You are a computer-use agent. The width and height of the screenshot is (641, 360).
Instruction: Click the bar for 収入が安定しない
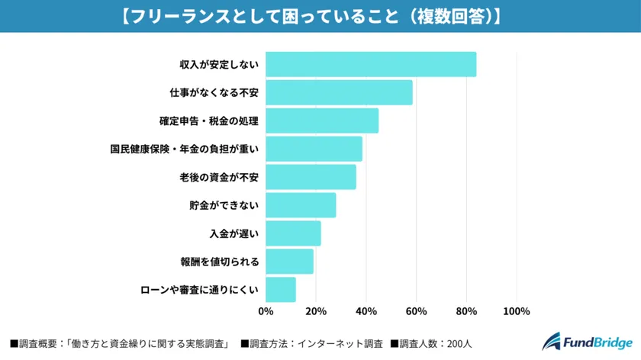click(x=371, y=65)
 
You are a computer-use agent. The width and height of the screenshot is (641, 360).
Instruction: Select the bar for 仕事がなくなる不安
click(x=339, y=93)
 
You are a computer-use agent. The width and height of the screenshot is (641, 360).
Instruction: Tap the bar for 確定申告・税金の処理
click(x=322, y=121)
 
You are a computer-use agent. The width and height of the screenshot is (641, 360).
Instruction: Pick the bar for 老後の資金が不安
click(x=311, y=178)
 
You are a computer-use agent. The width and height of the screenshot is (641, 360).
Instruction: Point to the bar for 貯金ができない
click(x=301, y=205)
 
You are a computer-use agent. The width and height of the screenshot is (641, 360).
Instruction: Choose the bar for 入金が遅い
click(x=293, y=233)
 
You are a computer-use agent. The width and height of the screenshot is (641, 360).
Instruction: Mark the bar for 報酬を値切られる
click(x=289, y=262)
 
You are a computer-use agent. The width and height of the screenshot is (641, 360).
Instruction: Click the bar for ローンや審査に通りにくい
click(x=281, y=290)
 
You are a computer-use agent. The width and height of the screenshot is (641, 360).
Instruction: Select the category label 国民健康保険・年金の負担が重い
click(x=185, y=149)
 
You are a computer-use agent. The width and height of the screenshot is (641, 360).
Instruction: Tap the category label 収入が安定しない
click(x=219, y=65)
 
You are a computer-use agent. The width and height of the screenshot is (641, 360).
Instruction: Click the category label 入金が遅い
click(x=234, y=233)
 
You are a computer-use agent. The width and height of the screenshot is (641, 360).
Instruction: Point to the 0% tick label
click(x=266, y=311)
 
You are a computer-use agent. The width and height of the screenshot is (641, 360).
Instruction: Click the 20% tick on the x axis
click(x=316, y=311)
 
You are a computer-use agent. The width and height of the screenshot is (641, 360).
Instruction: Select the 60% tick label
click(x=416, y=311)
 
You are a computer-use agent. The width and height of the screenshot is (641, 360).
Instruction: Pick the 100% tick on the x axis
click(x=517, y=311)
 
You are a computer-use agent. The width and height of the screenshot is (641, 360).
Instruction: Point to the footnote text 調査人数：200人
click(x=427, y=344)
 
